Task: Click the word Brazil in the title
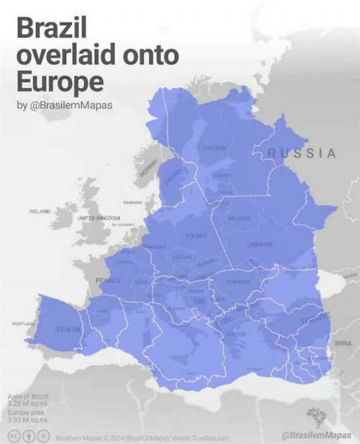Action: click(52, 28)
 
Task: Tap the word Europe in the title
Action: click(60, 82)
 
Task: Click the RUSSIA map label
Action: click(302, 153)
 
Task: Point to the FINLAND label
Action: click(214, 148)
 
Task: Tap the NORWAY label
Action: click(149, 168)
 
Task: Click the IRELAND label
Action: click(40, 211)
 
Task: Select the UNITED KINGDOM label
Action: click(98, 218)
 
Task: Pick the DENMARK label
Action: click(132, 203)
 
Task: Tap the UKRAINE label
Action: click(260, 245)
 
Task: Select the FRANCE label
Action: click(109, 280)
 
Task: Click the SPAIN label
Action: click(69, 329)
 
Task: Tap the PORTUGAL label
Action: click(24, 323)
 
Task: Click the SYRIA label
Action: click(343, 343)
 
